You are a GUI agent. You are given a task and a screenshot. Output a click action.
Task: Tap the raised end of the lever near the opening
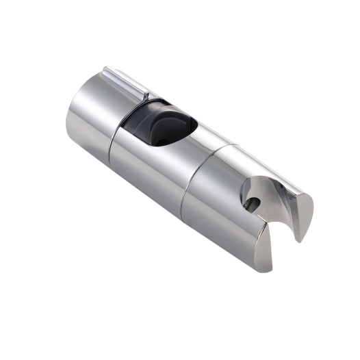tap(145, 94)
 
